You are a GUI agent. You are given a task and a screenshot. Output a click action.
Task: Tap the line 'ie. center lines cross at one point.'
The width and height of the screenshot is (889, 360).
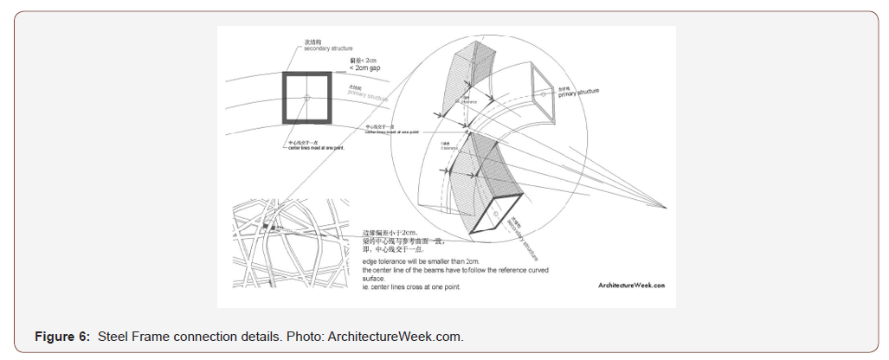[412, 286]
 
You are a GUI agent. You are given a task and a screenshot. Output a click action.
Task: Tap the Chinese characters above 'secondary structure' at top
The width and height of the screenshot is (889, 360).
[313, 41]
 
